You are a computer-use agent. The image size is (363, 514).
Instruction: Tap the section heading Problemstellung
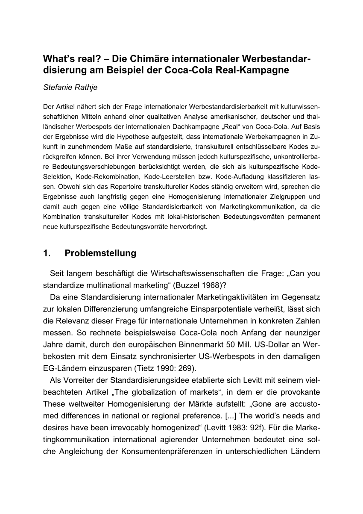[x=100, y=253]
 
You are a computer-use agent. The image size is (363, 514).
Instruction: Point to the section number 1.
[x=47, y=253]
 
